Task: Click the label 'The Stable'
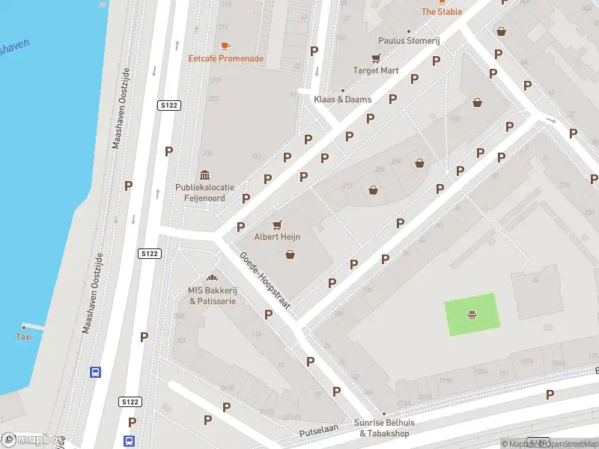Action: [442, 11]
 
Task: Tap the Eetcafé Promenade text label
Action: [225, 58]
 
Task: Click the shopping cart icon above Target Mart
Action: [376, 58]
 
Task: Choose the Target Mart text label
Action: [376, 71]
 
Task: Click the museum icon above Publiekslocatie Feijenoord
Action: [205, 174]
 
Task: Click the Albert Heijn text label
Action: [278, 236]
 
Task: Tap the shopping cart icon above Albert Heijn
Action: [278, 224]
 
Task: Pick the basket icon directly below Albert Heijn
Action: [290, 254]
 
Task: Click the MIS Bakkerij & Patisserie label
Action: [212, 296]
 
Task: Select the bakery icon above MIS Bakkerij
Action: [212, 278]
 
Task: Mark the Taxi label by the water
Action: [25, 337]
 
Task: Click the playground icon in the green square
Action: [472, 314]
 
